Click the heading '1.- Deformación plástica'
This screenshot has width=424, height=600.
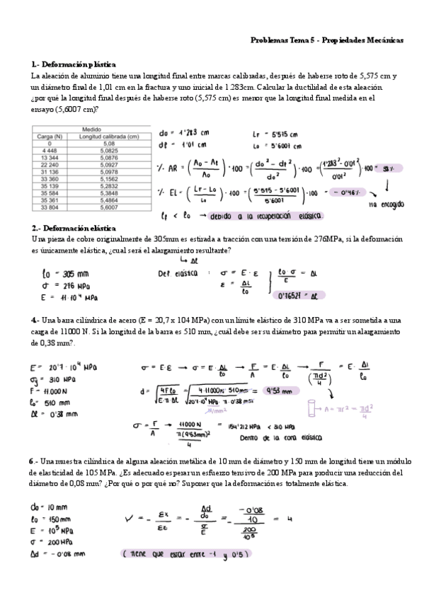[74, 64]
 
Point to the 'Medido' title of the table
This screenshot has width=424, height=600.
[91, 130]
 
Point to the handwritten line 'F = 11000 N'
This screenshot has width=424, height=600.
[51, 390]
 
